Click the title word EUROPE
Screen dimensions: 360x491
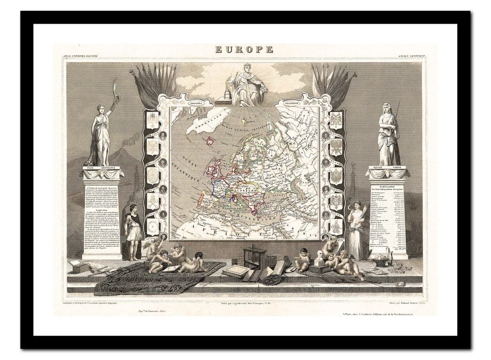click(244, 50)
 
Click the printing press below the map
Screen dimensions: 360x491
click(254, 258)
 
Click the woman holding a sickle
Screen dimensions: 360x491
click(356, 227)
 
